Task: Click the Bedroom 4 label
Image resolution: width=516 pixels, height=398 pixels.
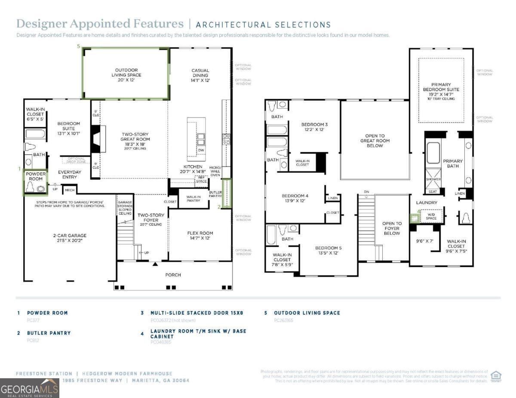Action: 295,198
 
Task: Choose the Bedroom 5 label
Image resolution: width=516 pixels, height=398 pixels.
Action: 329,250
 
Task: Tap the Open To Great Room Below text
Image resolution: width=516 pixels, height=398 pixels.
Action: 375,141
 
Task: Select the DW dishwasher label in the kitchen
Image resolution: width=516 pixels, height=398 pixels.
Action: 201,150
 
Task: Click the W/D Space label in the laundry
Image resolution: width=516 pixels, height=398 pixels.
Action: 431,216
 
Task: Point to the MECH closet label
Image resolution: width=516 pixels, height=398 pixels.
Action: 70,189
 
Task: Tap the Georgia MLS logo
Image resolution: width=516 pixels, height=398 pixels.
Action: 29,388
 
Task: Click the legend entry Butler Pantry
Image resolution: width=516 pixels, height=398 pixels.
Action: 49,333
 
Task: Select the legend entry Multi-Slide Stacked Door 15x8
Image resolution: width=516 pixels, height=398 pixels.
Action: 197,313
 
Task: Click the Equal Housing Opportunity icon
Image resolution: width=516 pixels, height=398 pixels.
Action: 496,376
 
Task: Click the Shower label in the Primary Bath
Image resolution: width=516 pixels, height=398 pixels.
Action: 433,179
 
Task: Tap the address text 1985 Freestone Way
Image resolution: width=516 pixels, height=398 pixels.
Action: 92,380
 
